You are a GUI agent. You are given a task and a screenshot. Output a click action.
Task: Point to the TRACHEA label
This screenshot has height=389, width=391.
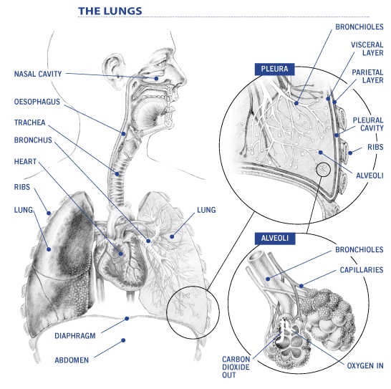(x=29, y=123)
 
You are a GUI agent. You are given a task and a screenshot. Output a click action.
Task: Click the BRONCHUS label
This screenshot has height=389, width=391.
(x=33, y=140)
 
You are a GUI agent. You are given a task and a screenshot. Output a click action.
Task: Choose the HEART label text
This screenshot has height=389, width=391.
(x=26, y=163)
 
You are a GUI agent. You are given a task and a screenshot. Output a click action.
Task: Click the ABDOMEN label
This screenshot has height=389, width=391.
(x=72, y=360)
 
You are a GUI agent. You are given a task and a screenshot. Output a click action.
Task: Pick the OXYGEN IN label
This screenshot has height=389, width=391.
(x=365, y=365)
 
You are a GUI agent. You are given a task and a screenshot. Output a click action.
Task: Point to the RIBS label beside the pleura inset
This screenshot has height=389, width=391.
(x=375, y=147)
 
